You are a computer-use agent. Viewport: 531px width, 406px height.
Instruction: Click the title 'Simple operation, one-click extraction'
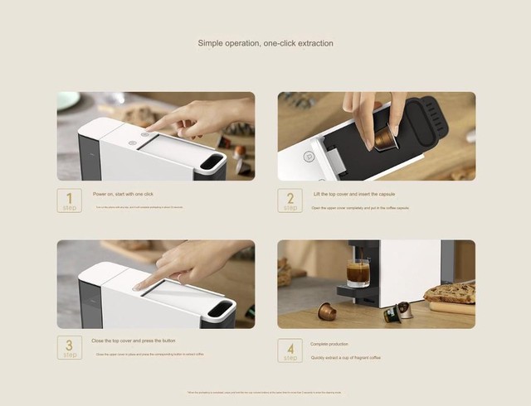(x=265, y=43)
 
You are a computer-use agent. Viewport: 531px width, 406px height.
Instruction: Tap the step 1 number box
(x=70, y=201)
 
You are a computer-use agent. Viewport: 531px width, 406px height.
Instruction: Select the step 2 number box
(x=290, y=201)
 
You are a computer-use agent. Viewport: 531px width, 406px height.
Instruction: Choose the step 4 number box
(x=290, y=350)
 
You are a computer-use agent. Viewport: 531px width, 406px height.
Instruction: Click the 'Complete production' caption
(x=329, y=343)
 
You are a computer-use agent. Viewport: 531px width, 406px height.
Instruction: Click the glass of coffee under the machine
(x=358, y=273)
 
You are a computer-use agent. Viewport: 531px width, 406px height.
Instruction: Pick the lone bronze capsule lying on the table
(x=328, y=312)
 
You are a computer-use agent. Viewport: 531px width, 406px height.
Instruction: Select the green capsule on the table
(x=390, y=314)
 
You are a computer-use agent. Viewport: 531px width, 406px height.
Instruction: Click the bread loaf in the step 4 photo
(x=450, y=292)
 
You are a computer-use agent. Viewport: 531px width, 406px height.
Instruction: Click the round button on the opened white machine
(x=309, y=156)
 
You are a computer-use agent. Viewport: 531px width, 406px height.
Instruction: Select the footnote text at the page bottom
(x=265, y=392)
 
